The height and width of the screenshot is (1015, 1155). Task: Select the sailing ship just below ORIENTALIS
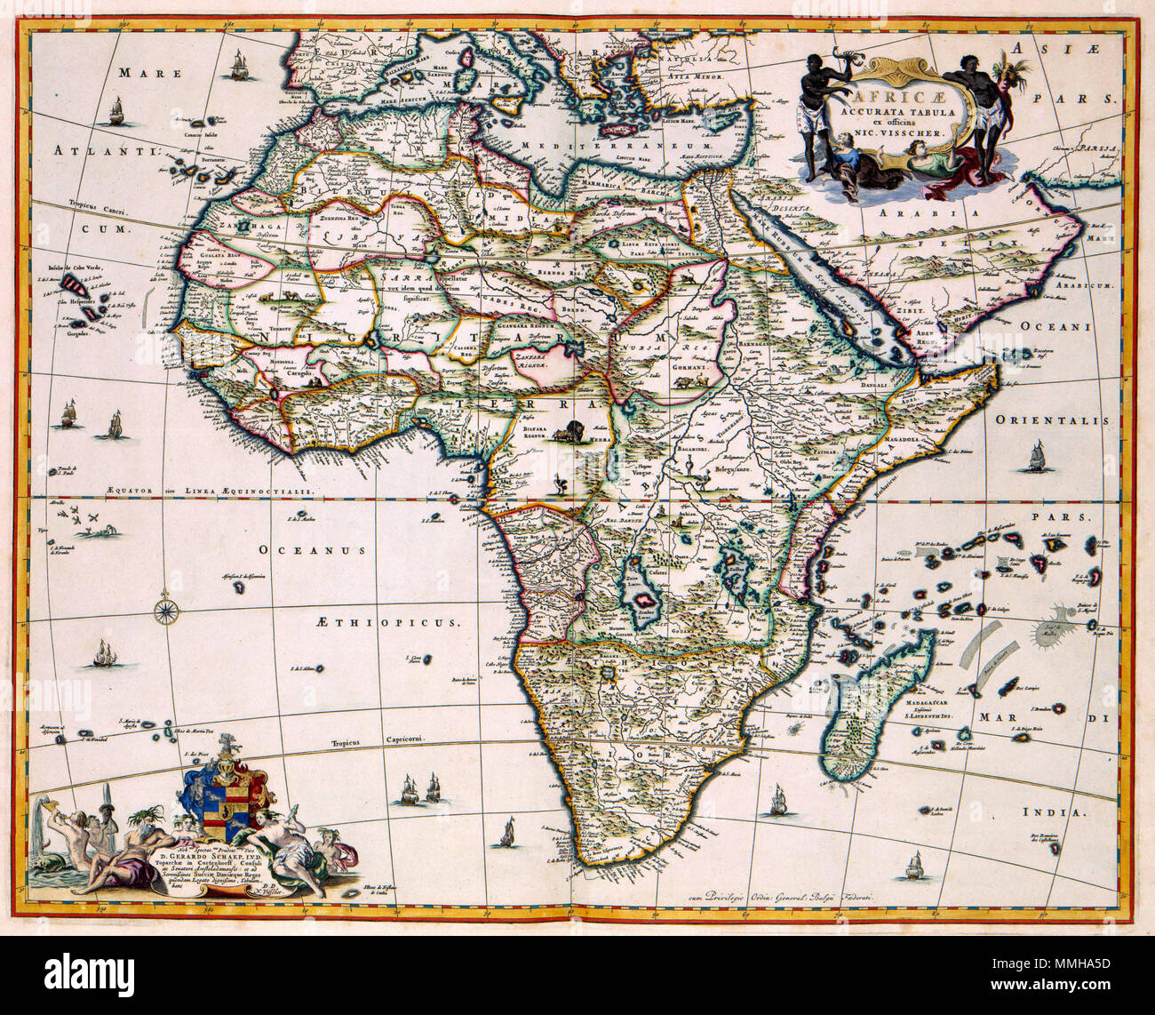pos(1034,459)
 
